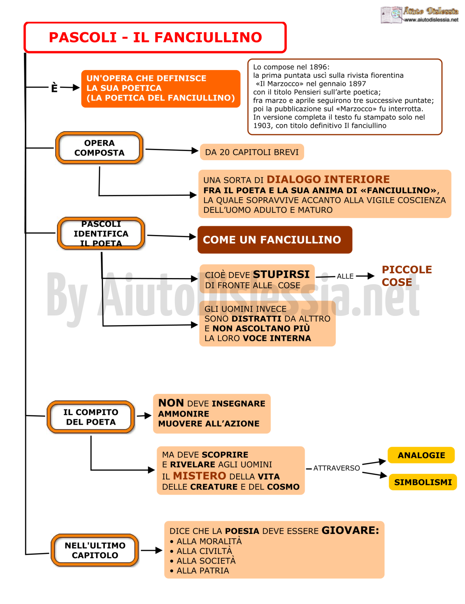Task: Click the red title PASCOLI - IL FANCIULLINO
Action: [x=155, y=37]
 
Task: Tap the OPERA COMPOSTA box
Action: [x=99, y=148]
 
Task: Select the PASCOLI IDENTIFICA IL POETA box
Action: [x=101, y=233]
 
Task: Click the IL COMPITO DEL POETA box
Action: [x=90, y=416]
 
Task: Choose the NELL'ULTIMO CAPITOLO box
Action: [x=95, y=550]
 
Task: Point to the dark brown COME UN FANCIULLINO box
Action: [x=275, y=240]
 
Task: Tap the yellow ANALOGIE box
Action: [x=421, y=455]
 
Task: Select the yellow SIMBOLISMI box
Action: [x=423, y=482]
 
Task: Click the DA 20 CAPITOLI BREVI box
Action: [x=252, y=152]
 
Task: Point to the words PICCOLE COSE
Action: [x=407, y=276]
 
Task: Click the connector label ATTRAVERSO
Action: [x=336, y=468]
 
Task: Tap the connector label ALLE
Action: [x=345, y=276]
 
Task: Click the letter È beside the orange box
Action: [x=54, y=87]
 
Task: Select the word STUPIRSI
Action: [x=281, y=274]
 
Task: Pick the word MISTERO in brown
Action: [x=199, y=476]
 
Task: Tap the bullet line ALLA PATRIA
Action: [x=200, y=570]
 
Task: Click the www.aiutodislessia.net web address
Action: [x=431, y=20]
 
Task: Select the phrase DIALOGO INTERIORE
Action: [x=328, y=179]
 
